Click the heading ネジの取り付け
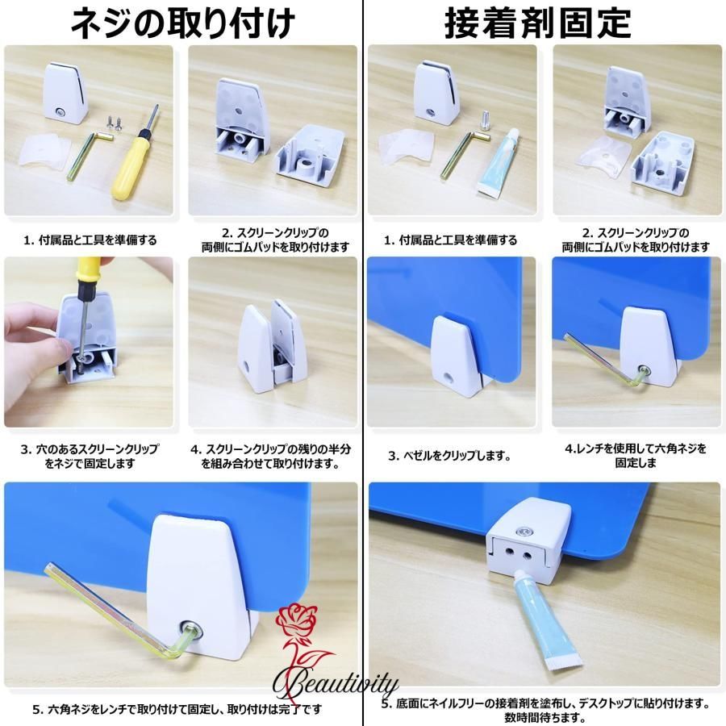click(x=182, y=23)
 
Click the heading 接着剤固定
click(x=537, y=23)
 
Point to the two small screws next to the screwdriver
click(x=114, y=123)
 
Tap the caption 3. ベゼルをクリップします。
click(x=449, y=456)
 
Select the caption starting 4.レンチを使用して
click(x=636, y=456)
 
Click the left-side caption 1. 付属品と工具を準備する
click(x=90, y=240)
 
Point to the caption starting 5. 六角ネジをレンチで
click(x=177, y=709)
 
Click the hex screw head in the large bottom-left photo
click(x=192, y=630)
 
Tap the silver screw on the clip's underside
click(x=524, y=532)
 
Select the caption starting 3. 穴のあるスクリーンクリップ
click(x=90, y=456)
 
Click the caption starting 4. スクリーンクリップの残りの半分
click(x=271, y=456)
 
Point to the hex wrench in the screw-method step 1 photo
click(x=87, y=154)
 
